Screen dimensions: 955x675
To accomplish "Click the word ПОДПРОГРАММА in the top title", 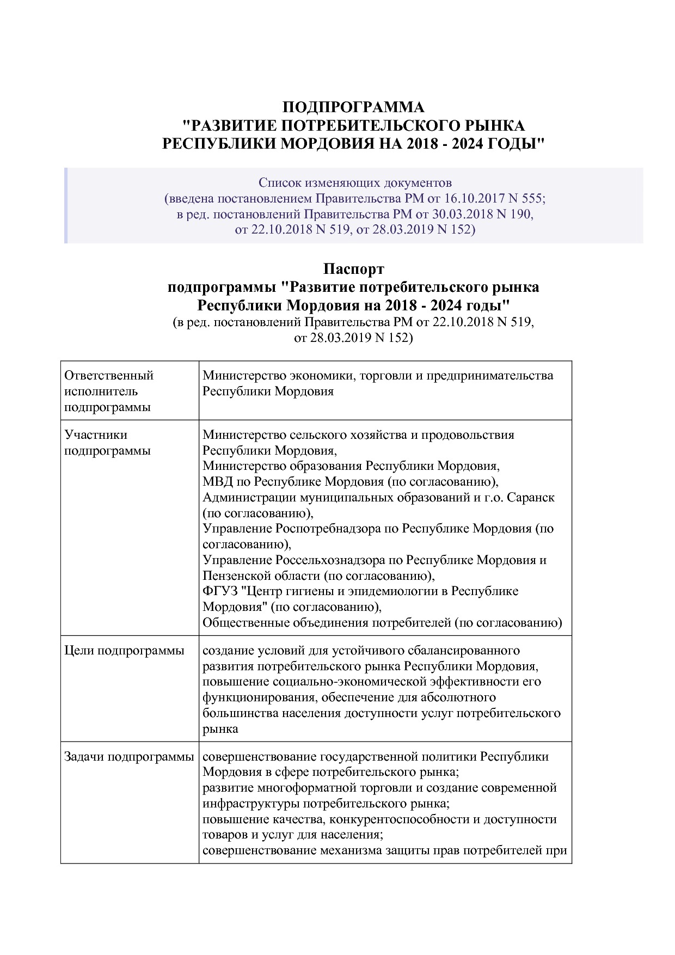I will coord(353,107).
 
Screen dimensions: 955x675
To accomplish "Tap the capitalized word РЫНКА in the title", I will coord(494,126).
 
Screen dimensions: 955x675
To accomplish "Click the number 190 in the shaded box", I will coord(521,214).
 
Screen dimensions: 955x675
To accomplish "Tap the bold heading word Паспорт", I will coord(353,269).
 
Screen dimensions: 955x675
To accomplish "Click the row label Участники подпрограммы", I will coord(107,443).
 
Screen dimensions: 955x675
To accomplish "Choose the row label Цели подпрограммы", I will coord(124,650).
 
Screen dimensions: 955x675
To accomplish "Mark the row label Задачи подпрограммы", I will coord(129,756).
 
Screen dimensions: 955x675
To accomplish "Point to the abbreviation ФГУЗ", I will coord(218,591).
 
